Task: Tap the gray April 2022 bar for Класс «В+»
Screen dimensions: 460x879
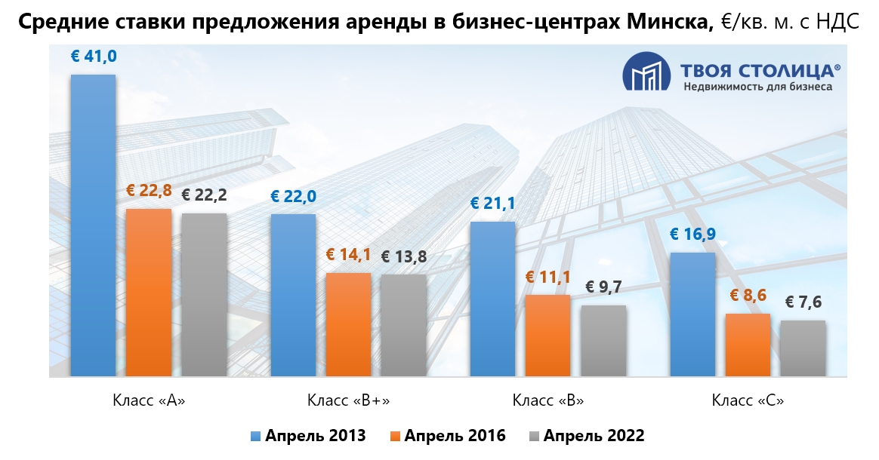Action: coord(403,325)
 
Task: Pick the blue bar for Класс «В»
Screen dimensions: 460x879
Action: coord(492,299)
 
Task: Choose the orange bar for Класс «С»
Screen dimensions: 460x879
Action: coord(748,345)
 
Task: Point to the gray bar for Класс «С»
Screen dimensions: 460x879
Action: coord(803,348)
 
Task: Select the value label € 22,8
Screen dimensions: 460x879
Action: coord(149,191)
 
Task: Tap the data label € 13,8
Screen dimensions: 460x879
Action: coord(403,256)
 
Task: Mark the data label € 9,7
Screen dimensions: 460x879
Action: coord(603,287)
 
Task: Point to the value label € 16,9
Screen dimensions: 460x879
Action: coord(692,235)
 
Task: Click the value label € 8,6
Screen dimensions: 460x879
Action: coord(748,296)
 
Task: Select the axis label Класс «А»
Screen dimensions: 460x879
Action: coord(148,400)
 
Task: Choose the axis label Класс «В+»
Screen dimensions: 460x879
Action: coord(348,400)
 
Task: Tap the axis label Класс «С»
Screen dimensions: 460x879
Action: coord(748,400)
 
